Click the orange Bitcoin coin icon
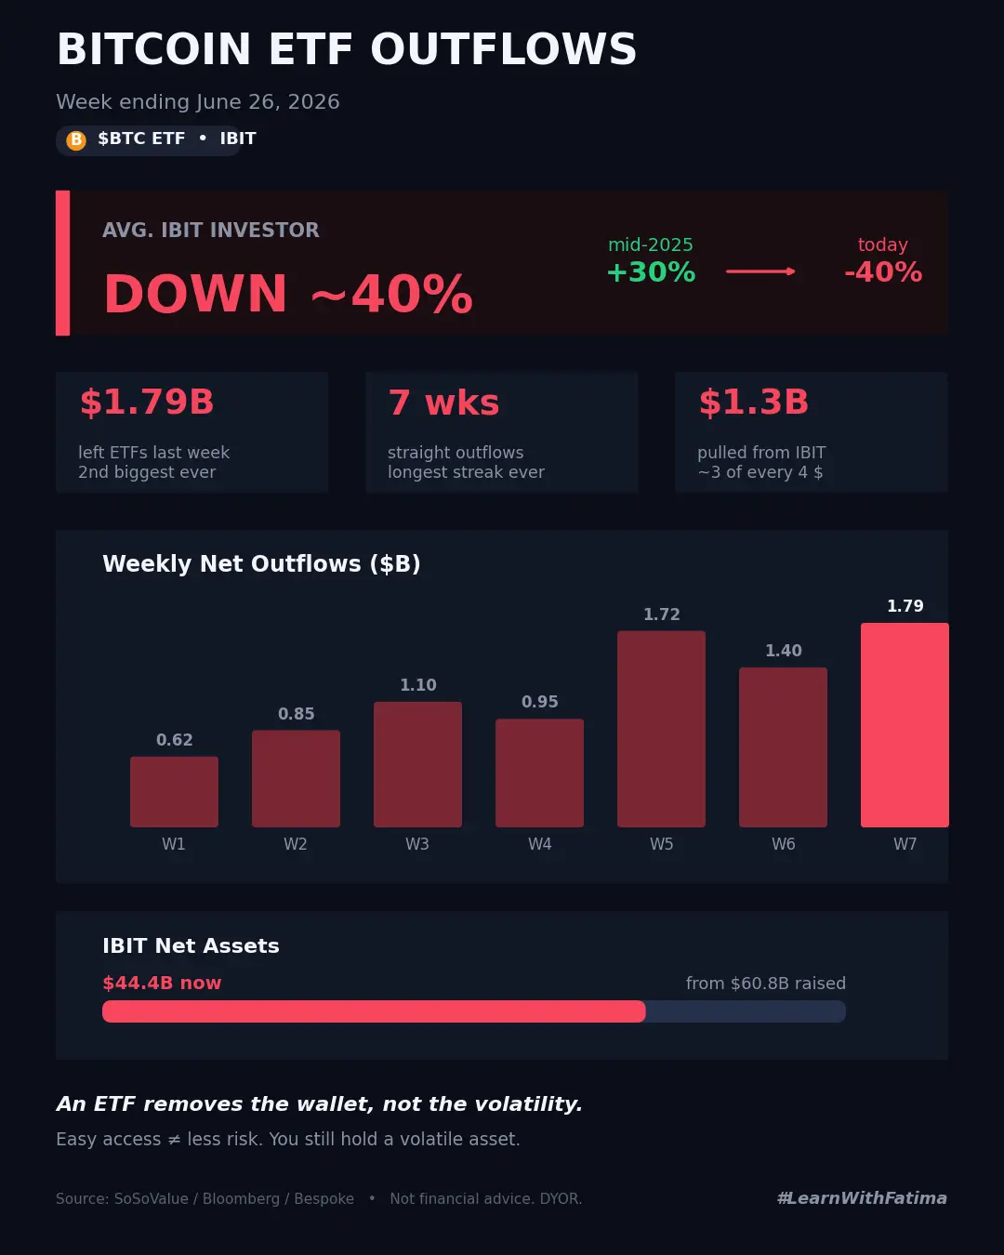pos(76,140)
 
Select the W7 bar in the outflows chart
pos(905,725)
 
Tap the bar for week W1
pos(174,791)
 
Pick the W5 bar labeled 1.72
pos(661,729)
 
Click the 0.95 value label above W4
pos(539,702)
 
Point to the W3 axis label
pos(417,844)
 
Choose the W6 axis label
pos(783,844)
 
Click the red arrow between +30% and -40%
pos(760,271)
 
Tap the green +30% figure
pos(651,271)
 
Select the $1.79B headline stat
pos(147,402)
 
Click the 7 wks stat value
pos(443,403)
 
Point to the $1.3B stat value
pos(753,402)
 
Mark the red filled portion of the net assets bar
pos(374,1011)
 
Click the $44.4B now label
pos(162,983)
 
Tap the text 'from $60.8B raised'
pos(765,984)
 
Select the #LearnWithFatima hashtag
pos(862,1198)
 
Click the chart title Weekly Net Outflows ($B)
pos(261,564)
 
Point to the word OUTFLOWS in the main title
pos(504,48)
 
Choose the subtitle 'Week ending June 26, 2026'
pos(198,102)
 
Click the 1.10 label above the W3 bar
pos(417,684)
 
